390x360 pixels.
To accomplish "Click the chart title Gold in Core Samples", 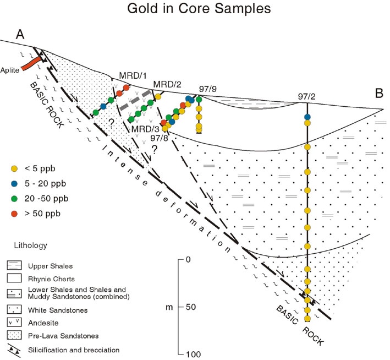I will [x=194, y=9].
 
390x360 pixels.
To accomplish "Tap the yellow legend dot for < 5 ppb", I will [x=15, y=168].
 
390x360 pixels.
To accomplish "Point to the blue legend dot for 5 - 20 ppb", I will [x=15, y=183].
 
